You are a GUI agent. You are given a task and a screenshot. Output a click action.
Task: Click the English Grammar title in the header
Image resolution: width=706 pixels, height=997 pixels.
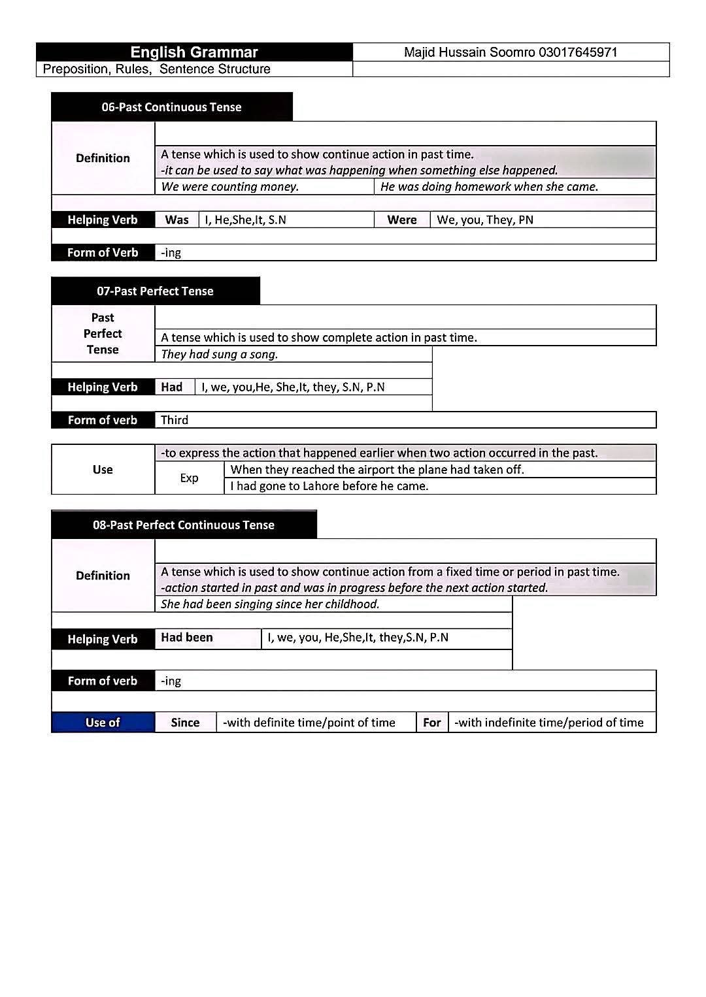tap(194, 52)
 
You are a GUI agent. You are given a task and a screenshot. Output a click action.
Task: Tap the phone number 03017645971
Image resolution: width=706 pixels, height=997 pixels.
tap(578, 52)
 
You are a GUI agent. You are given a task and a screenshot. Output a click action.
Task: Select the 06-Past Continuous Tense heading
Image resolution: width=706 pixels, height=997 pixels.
tap(171, 107)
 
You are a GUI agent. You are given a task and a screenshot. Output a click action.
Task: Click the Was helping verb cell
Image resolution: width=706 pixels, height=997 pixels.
tap(176, 220)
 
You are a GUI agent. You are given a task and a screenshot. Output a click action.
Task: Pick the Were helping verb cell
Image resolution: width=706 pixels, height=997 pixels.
tap(402, 220)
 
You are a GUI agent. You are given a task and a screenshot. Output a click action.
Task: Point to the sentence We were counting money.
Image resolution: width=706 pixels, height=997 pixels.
tap(229, 187)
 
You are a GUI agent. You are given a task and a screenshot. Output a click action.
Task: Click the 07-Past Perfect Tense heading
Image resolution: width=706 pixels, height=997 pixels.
tap(155, 291)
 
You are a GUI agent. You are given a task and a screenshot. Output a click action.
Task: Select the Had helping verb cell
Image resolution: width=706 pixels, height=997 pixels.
tap(172, 387)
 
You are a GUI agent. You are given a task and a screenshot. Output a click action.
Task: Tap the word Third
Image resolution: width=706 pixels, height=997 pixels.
tap(175, 420)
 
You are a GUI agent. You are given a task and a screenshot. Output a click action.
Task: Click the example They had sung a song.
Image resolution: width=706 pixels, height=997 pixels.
tap(220, 355)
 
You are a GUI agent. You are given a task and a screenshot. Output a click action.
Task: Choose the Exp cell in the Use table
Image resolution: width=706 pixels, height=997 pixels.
tap(189, 478)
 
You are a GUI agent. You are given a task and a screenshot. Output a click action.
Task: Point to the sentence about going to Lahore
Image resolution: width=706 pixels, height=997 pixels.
tap(329, 486)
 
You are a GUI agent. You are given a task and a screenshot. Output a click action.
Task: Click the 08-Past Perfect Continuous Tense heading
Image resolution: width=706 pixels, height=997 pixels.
tap(184, 525)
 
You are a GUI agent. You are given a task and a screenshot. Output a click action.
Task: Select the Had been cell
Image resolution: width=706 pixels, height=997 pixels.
tap(187, 638)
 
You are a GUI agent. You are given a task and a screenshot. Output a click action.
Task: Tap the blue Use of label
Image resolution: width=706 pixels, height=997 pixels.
tap(103, 723)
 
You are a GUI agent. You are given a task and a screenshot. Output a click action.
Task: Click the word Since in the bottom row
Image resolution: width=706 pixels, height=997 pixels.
tap(185, 723)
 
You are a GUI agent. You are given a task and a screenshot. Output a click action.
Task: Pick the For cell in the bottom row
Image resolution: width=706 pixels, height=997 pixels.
tap(432, 723)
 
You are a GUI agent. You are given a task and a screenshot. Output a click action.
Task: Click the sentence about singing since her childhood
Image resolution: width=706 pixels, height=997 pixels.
tap(270, 604)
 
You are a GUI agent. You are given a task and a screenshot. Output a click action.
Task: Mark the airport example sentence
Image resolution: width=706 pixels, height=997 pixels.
tap(377, 470)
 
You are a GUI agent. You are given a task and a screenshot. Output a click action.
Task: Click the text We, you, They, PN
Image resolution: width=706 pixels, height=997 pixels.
tap(485, 220)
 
